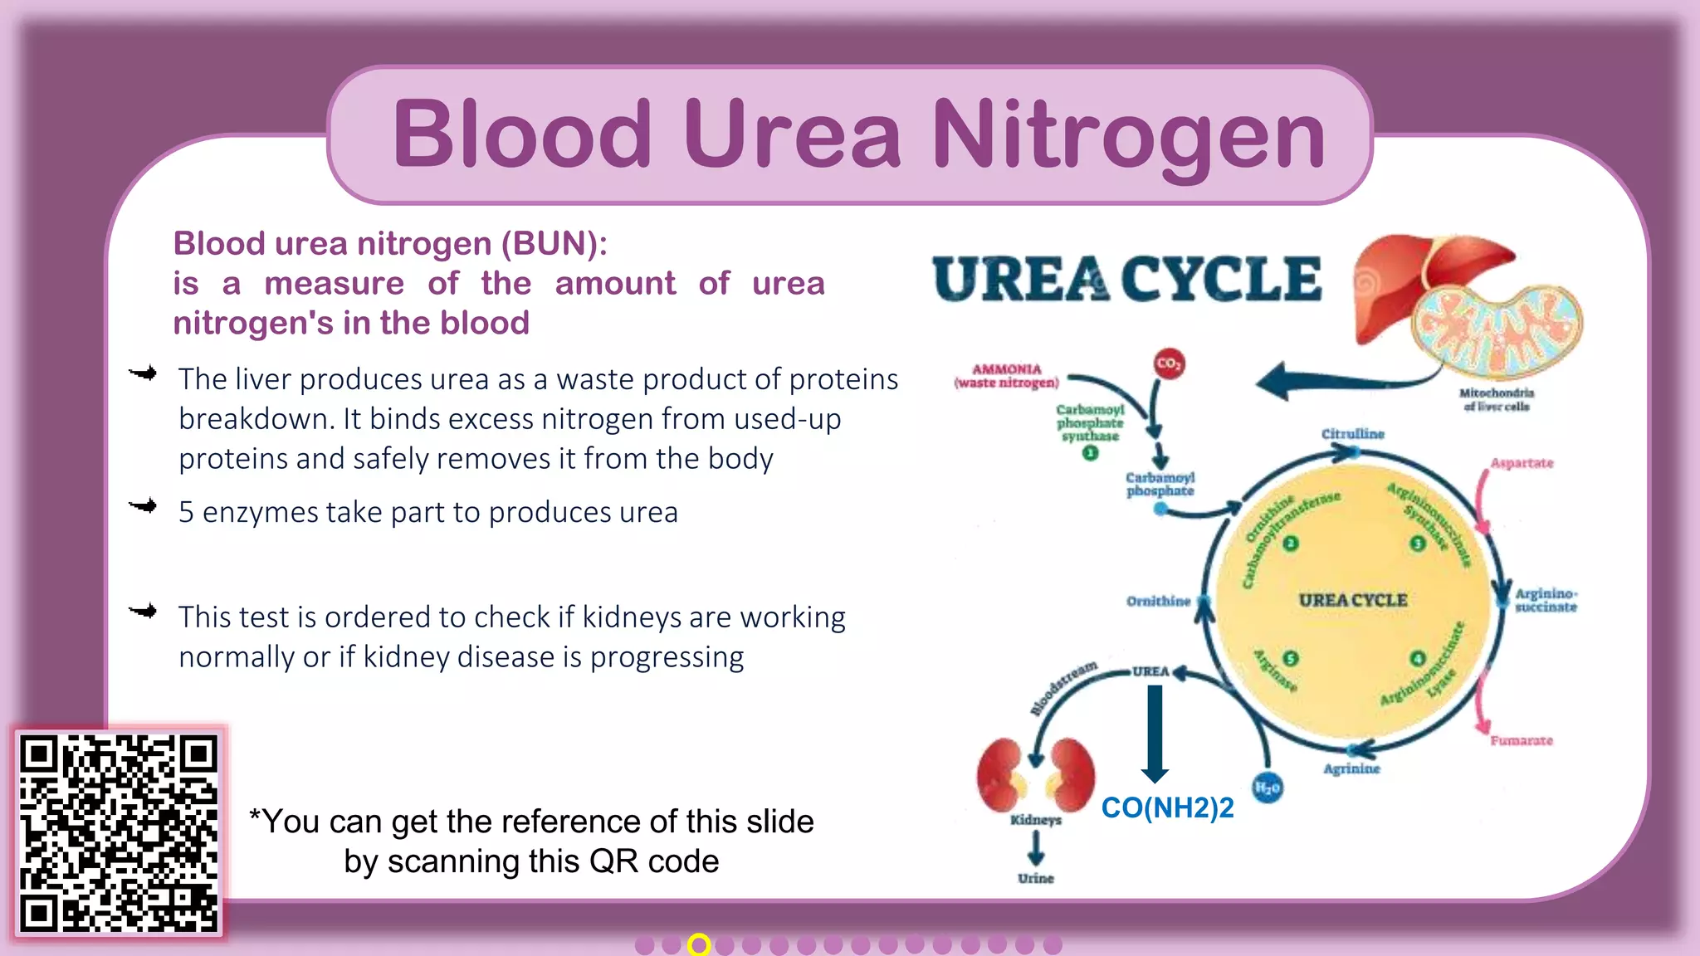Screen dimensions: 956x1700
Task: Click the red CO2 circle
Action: click(1169, 363)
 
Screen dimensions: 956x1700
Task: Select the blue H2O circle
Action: click(1267, 788)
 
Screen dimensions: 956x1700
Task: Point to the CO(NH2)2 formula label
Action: click(1167, 807)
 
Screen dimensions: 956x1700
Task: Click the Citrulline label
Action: click(1352, 434)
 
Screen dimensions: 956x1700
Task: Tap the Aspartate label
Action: click(1521, 463)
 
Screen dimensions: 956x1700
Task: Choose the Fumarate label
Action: click(1521, 740)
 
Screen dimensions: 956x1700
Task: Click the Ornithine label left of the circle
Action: click(1158, 601)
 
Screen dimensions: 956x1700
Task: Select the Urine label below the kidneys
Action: click(1035, 878)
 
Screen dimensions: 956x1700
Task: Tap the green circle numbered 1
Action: click(1090, 453)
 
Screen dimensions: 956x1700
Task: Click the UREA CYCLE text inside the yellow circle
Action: click(1352, 600)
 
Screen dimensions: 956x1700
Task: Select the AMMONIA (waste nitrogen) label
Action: click(1006, 376)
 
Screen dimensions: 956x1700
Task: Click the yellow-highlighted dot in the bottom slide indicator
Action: click(699, 944)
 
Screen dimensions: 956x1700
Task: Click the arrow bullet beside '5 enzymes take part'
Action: click(144, 506)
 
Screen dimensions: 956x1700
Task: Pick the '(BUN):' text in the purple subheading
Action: click(554, 244)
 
